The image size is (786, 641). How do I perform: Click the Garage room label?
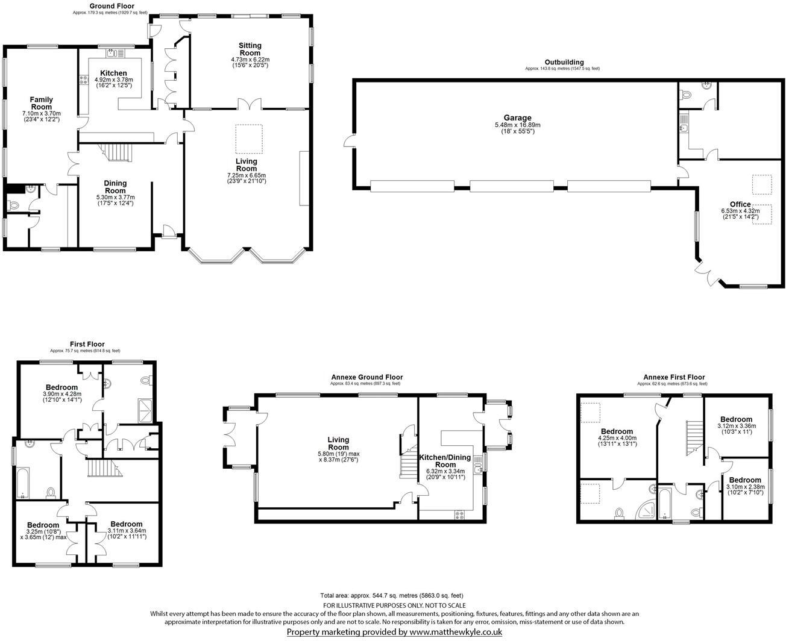pos(517,118)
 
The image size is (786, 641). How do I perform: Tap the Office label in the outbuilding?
pos(740,204)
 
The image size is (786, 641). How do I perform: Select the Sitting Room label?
pos(250,49)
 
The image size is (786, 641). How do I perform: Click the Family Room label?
pos(42,103)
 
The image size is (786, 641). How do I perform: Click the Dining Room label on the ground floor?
pos(115,187)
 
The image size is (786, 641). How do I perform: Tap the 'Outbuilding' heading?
pos(564,62)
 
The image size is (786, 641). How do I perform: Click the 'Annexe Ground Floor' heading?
pos(366,377)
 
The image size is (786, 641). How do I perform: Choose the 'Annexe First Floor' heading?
pos(673,377)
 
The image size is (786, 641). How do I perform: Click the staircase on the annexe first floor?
pos(694,437)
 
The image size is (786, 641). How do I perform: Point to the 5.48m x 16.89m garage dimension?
pos(517,126)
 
